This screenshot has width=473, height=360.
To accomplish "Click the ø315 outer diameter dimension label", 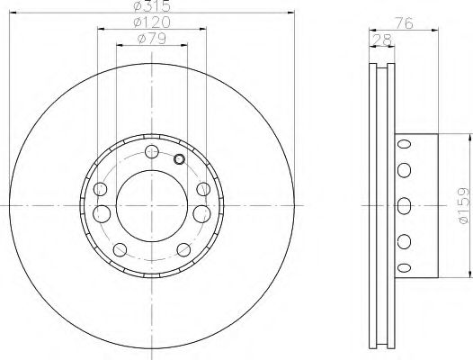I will (151, 7).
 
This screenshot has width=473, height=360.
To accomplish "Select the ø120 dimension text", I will (151, 22).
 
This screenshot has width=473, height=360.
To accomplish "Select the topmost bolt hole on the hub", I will (151, 150).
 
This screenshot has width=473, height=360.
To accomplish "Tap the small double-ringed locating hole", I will (178, 160).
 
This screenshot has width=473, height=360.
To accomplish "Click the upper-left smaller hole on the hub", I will (100, 190).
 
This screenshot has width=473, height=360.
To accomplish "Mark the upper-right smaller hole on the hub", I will (205, 189).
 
